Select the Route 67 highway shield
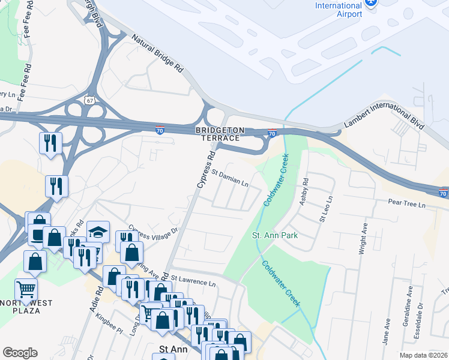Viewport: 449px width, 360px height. (89, 100)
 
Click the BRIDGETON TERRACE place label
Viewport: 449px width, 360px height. (219, 134)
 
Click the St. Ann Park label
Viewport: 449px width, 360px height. (274, 235)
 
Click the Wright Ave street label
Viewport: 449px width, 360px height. (363, 238)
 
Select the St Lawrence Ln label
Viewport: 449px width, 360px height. (193, 280)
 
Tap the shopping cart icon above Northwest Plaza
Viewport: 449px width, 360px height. (26, 289)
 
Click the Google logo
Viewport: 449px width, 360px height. (20, 353)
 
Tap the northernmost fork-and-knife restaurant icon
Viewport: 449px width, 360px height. (49, 143)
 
